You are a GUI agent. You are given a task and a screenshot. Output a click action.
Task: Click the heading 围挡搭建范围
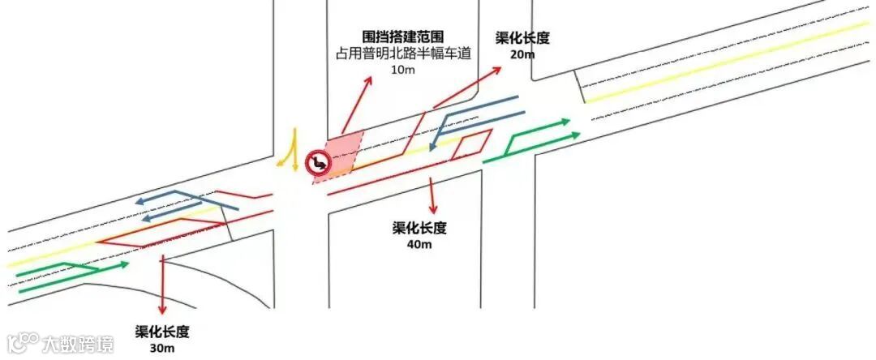click(x=403, y=37)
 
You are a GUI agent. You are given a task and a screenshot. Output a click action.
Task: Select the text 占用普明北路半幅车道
click(x=403, y=54)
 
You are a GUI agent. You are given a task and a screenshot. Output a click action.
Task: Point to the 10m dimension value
click(x=403, y=71)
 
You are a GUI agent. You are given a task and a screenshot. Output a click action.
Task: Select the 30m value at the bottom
click(x=163, y=348)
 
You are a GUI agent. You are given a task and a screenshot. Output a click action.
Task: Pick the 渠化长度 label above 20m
click(x=523, y=38)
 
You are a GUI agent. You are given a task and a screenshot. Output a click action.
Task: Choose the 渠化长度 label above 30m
click(x=163, y=332)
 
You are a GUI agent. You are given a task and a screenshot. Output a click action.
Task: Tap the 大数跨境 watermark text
click(x=79, y=344)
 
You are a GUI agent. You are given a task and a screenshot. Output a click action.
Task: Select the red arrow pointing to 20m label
click(x=470, y=85)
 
